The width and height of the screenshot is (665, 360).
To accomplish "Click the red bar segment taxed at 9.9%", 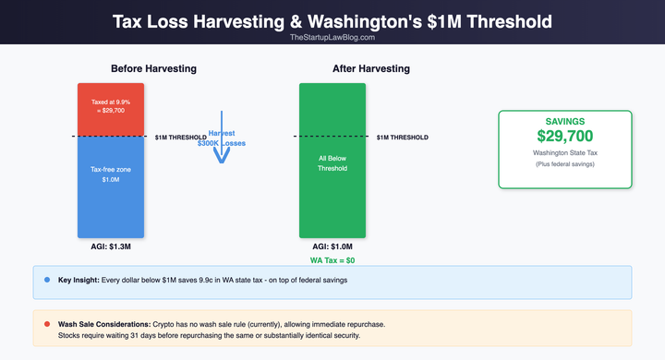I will coord(111,109).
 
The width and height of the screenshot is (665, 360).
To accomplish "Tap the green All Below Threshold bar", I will coord(332,162).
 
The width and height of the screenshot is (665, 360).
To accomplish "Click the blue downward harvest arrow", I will coord(221,148).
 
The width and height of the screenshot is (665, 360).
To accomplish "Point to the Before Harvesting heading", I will coord(153,69).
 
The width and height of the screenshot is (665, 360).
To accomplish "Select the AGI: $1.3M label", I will coord(111,247).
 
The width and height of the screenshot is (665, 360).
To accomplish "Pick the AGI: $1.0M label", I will coord(332,247).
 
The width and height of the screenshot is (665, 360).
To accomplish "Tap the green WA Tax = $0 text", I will coord(332,261).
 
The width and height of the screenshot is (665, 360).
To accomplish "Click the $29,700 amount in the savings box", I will coord(564,137).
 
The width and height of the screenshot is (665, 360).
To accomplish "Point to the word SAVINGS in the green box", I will coord(564,121).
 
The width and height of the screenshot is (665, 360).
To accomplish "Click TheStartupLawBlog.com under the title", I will coord(332,37).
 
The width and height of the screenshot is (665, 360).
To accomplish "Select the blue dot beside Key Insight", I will coord(46,279).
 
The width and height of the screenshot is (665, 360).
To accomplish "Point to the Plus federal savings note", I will coord(564,164).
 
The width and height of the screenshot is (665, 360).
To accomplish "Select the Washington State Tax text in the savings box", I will coord(564,152).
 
